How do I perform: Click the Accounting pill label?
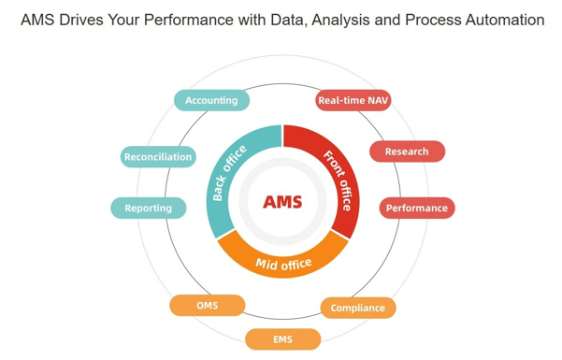pyautogui.click(x=211, y=100)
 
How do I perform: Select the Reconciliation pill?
pyautogui.click(x=158, y=157)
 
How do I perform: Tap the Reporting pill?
pyautogui.click(x=148, y=208)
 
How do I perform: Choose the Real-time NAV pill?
pyautogui.click(x=353, y=100)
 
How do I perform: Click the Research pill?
pyautogui.click(x=407, y=151)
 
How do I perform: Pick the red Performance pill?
pyautogui.click(x=417, y=208)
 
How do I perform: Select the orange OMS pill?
pyautogui.click(x=207, y=306)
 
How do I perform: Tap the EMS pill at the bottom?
pyautogui.click(x=282, y=338)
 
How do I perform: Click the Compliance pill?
pyautogui.click(x=357, y=308)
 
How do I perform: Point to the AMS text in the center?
pyautogui.click(x=282, y=202)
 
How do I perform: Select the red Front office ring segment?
pyautogui.click(x=338, y=173)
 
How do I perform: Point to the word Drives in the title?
pyautogui.click(x=85, y=19)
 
